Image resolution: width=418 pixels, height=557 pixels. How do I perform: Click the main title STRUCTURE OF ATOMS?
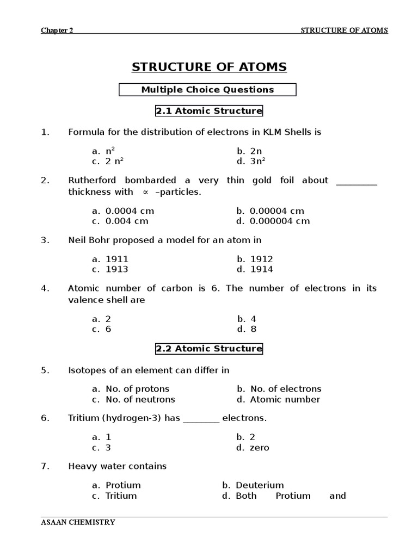pos(209,67)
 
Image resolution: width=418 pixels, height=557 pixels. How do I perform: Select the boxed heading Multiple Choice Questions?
pos(207,90)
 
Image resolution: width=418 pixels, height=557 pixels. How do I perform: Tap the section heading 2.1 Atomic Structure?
pos(209,111)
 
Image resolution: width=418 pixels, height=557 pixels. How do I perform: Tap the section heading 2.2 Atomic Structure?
pos(209,349)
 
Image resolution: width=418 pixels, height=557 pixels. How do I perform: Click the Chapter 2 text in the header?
pos(57,30)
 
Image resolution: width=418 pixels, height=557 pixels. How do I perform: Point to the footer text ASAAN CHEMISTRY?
pos(78,523)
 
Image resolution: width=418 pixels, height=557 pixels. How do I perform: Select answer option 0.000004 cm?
pos(279,221)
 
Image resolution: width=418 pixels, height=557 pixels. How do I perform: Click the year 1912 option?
pos(261,259)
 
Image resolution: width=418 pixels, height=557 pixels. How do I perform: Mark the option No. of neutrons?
pos(140,399)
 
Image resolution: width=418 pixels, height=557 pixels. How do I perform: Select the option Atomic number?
pos(285,399)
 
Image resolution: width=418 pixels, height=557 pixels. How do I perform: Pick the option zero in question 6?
pos(259,448)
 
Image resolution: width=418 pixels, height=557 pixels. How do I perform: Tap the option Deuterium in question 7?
pos(259,485)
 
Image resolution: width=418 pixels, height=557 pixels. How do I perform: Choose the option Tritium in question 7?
pos(121,496)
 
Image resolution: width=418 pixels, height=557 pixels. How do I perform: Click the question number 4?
pos(45,288)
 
